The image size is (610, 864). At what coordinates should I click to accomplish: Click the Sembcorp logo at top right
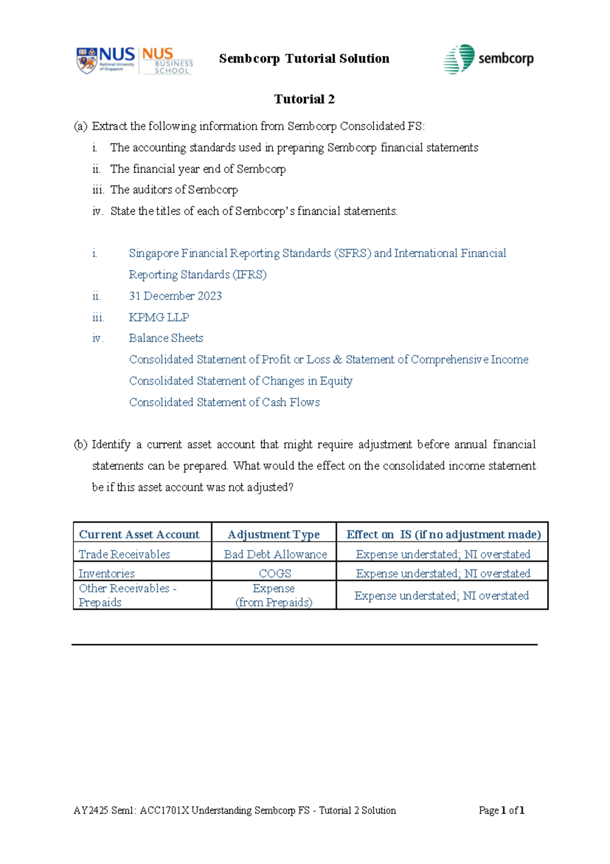pos(489,59)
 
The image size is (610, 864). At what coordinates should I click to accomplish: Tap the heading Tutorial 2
pos(304,99)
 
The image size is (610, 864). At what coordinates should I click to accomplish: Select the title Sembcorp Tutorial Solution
pos(304,59)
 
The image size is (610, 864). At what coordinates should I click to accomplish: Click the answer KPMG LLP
pos(159,317)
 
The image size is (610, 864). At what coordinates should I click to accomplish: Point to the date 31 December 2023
pos(175,296)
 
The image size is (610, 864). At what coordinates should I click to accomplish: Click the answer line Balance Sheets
pos(166,338)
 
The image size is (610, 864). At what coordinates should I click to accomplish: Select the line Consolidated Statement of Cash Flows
pos(224,402)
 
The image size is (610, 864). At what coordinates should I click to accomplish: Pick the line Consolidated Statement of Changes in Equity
pos(240,381)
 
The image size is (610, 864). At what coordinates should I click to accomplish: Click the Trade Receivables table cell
pos(125,554)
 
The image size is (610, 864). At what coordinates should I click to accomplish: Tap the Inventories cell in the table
pos(107,573)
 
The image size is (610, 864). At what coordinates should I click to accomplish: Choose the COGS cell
pos(274,573)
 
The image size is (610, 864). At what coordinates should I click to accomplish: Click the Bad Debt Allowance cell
pos(275,554)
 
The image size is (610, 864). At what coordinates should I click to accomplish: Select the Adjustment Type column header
pos(273,534)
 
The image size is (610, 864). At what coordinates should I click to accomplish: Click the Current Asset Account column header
pos(139,534)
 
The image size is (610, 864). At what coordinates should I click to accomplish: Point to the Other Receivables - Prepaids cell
pos(127,595)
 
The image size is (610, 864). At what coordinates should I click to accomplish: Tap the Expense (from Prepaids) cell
pos(273,595)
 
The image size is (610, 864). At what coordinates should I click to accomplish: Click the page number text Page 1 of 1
pos(501,810)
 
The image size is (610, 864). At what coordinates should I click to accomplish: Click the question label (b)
pos(80,444)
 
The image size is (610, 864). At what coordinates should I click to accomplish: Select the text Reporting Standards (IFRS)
pos(198,275)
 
